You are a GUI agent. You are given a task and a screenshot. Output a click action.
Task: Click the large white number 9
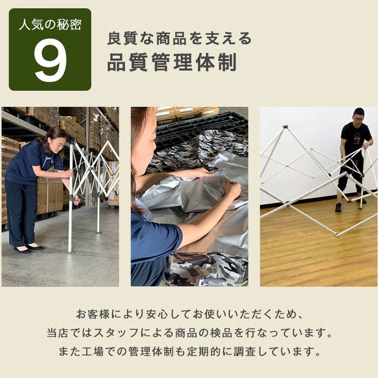[x=50, y=60]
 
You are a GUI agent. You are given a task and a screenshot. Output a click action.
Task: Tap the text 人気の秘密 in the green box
[x=50, y=25]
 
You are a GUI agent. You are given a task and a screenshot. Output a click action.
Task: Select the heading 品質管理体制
[x=172, y=62]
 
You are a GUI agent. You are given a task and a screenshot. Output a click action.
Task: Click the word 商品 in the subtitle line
[x=171, y=38]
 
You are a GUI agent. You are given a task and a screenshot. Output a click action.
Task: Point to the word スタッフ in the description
[x=116, y=333]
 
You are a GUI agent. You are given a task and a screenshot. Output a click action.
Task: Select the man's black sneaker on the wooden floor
[x=338, y=207]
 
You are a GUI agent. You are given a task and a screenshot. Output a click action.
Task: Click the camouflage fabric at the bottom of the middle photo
[x=207, y=269]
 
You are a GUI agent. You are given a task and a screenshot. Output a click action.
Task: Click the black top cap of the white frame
[x=286, y=126]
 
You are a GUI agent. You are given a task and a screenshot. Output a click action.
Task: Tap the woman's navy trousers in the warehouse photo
[x=21, y=212]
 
